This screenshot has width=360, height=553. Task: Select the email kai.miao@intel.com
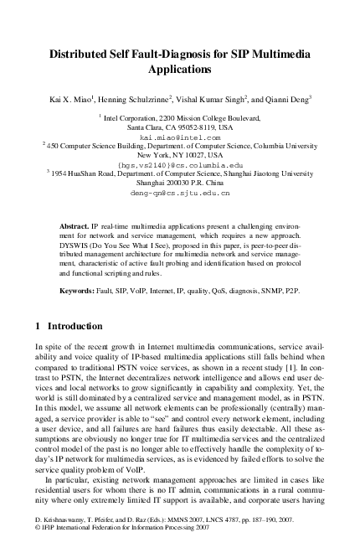[180, 137]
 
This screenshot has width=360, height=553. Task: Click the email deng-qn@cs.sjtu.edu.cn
[179, 192]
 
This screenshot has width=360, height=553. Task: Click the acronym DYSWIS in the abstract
[77, 249]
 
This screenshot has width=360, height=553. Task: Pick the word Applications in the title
[180, 71]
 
